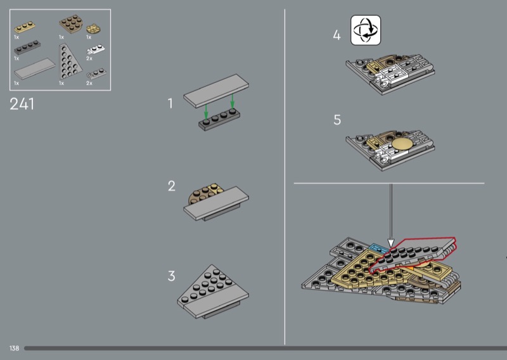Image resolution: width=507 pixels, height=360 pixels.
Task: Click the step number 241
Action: [22, 104]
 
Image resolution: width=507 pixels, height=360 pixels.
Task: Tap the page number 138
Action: [14, 348]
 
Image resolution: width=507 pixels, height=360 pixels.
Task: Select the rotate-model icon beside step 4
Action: [366, 30]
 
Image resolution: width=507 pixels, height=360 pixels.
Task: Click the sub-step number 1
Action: [170, 103]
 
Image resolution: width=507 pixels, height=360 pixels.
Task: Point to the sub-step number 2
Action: [171, 186]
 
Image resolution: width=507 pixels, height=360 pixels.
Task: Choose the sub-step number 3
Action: [171, 276]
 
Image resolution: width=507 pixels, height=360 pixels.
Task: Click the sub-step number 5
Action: [337, 120]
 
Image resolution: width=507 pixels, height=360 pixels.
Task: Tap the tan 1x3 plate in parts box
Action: [25, 27]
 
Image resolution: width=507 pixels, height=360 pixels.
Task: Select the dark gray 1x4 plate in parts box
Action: [27, 48]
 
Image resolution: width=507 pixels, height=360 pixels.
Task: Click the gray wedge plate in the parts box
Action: [68, 62]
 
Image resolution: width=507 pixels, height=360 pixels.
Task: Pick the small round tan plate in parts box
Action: [93, 29]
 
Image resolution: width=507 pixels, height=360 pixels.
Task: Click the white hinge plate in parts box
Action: [96, 49]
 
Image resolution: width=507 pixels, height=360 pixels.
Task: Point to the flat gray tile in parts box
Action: [35, 68]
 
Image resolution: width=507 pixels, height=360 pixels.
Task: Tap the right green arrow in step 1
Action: [232, 101]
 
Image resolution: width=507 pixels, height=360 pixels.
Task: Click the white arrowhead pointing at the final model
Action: [391, 243]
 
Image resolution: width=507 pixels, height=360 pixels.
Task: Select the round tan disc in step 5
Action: [402, 144]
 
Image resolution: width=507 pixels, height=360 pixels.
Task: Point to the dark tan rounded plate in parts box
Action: [71, 24]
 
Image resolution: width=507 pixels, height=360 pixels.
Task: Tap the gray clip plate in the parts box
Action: [96, 74]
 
